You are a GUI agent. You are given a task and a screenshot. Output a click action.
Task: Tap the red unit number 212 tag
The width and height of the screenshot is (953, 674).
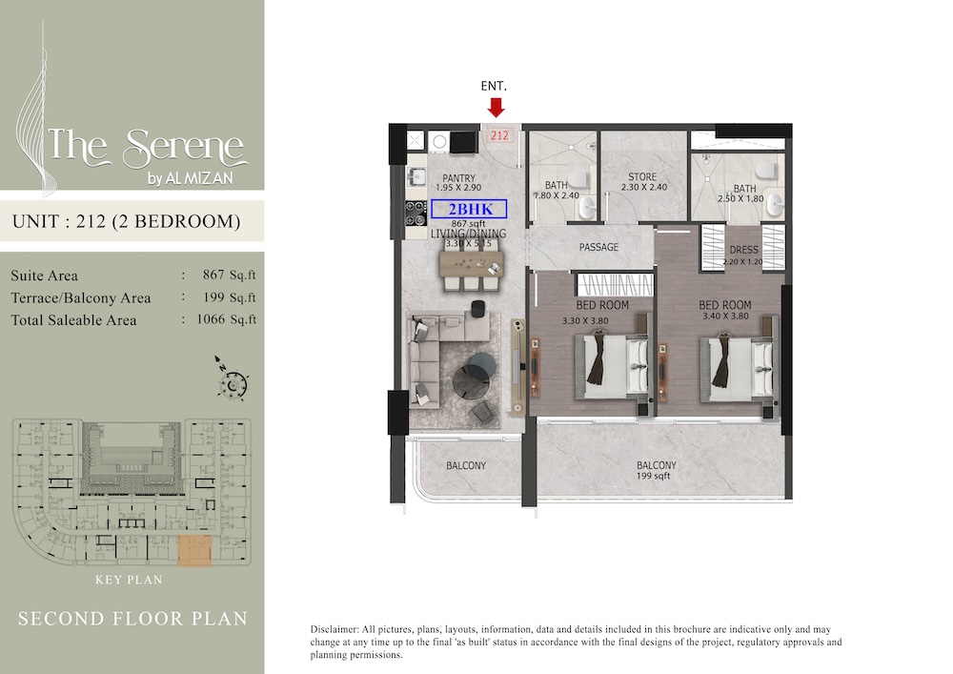[499, 136]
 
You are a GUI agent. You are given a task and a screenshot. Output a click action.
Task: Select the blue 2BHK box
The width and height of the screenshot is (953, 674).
[468, 208]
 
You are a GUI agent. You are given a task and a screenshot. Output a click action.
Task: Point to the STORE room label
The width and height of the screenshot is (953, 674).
[642, 177]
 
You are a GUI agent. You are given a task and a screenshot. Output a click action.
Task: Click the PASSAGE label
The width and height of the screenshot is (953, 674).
[599, 248]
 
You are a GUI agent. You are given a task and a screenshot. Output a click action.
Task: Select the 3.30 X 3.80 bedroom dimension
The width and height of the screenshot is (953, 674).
[585, 321]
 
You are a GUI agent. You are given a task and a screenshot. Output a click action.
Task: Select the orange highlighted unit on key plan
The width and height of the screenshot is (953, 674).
[193, 550]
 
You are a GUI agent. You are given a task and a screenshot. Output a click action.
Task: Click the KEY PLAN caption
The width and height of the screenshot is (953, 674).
[129, 580]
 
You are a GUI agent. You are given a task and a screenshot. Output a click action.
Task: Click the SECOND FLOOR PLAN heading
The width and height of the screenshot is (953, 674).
[132, 619]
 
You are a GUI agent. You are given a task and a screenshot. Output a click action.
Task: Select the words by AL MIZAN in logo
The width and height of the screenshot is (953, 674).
[192, 177]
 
